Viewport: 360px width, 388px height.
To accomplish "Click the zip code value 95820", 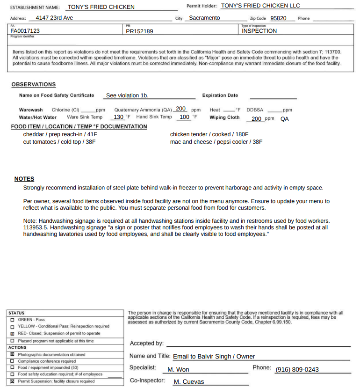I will [278, 18].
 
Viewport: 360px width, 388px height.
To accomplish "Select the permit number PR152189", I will [139, 31].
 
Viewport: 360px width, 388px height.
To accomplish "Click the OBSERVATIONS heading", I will [33, 84].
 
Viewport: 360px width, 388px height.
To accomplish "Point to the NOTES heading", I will [24, 179].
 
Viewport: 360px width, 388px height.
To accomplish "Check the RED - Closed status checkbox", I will [12, 334].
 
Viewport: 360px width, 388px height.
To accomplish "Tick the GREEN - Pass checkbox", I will [12, 320].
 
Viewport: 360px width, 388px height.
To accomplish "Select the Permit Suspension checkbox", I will [12, 381].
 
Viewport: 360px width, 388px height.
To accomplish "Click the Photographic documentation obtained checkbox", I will [12, 355].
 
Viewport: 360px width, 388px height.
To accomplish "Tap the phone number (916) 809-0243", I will [297, 369].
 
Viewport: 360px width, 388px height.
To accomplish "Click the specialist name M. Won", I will [178, 369].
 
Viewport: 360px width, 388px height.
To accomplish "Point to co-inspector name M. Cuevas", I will [188, 381].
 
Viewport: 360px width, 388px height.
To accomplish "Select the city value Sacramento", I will [204, 18].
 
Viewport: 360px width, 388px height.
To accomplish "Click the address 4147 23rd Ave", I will [54, 18].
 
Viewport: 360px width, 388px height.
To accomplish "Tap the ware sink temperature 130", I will [119, 117].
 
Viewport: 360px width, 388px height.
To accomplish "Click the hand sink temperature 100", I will [184, 117].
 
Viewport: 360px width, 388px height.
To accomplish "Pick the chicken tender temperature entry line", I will [209, 134].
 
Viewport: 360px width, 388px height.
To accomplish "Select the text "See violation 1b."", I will [127, 95].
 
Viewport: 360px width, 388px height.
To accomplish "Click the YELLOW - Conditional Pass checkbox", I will [12, 326].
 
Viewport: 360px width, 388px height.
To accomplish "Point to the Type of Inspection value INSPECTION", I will [259, 31].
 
